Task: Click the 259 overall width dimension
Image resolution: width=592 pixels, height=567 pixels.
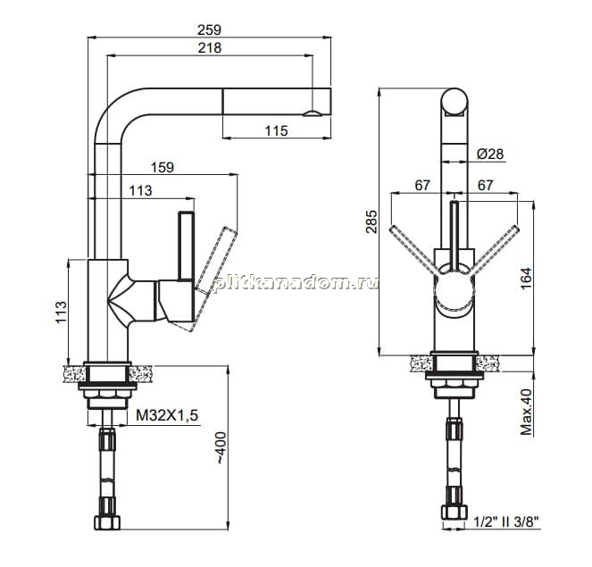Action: click(x=209, y=29)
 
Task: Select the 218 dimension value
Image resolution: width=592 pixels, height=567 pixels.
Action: click(x=210, y=48)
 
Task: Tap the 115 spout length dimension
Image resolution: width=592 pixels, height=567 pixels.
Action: click(x=276, y=131)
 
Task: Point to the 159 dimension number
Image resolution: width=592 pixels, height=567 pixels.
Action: click(x=163, y=167)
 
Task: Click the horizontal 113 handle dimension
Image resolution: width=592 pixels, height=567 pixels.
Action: click(x=140, y=190)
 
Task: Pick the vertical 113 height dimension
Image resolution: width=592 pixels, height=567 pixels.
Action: click(x=61, y=313)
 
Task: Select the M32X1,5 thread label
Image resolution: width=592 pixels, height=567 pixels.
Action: click(x=167, y=415)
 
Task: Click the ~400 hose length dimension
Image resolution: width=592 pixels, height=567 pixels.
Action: click(x=221, y=448)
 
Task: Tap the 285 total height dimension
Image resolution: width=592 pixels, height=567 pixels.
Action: click(x=371, y=221)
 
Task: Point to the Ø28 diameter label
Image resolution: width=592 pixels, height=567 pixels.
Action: click(x=490, y=154)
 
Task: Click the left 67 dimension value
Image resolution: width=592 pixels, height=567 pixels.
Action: click(x=422, y=186)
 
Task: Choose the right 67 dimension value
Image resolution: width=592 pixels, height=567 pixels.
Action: click(x=486, y=186)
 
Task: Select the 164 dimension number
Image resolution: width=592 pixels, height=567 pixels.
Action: click(x=526, y=279)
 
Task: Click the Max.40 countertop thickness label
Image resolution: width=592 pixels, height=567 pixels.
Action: click(x=526, y=412)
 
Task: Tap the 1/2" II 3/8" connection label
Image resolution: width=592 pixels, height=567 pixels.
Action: click(x=506, y=521)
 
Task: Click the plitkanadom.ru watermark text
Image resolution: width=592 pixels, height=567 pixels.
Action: click(x=296, y=282)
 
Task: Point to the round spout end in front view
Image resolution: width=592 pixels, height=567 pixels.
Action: click(x=454, y=101)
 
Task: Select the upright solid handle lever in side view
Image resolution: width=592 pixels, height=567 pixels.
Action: click(x=186, y=246)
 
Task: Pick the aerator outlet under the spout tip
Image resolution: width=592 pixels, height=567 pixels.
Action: click(x=313, y=113)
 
